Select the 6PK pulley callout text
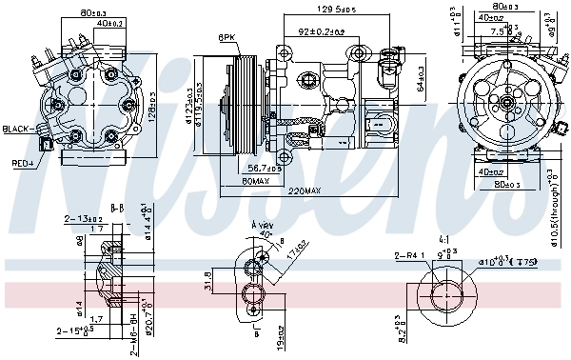click(x=226, y=37)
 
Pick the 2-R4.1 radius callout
click(x=408, y=255)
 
